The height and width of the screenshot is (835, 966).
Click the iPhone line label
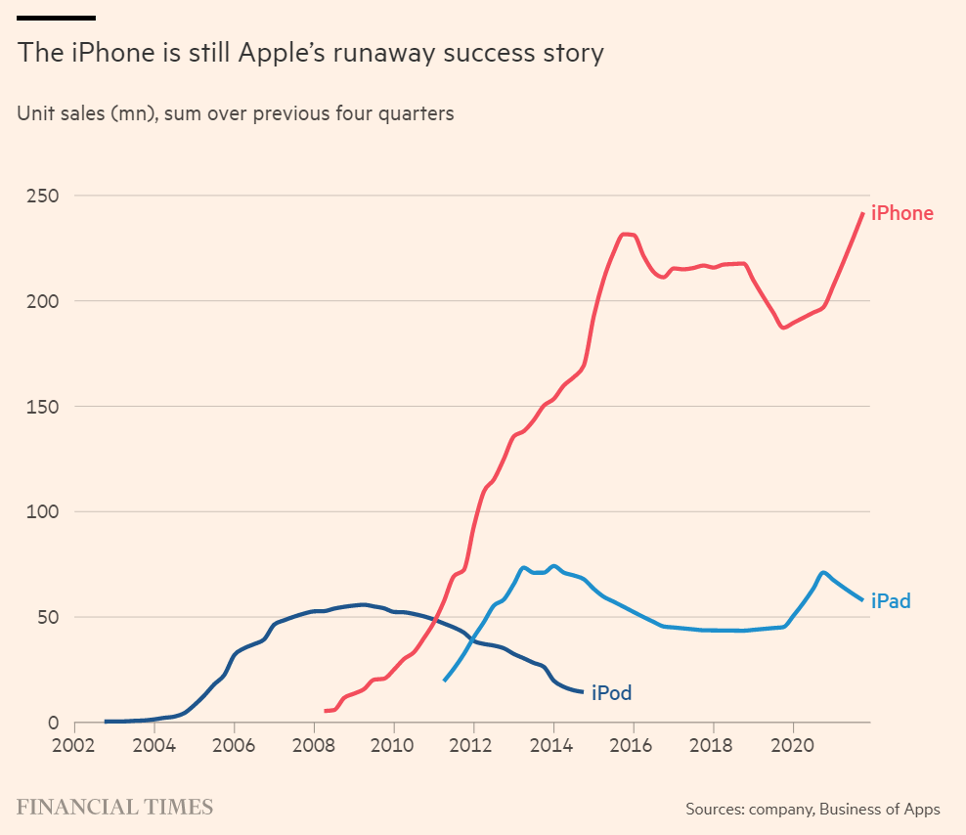click(901, 213)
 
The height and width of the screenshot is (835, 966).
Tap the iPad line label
click(891, 601)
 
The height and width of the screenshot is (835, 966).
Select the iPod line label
click(611, 694)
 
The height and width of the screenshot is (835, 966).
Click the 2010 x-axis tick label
click(394, 744)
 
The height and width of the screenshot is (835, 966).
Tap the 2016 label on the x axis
click(634, 744)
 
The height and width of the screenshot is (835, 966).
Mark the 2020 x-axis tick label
click(793, 744)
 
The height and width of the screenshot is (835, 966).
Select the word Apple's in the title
click(273, 53)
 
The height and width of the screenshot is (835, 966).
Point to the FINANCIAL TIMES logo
click(114, 808)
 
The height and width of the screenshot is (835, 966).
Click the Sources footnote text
click(812, 809)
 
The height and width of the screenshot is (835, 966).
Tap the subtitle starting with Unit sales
click(236, 113)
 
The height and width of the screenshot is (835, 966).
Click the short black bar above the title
click(57, 18)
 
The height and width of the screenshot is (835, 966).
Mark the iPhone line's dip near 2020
click(783, 328)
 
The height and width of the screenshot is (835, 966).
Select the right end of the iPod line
click(583, 692)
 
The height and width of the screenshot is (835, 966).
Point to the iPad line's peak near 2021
click(823, 572)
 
